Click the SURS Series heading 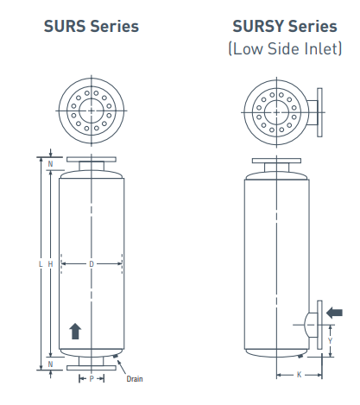(x=92, y=26)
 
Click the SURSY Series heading (x=285, y=26)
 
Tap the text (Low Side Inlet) (x=285, y=48)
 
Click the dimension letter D (x=92, y=263)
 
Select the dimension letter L (x=41, y=263)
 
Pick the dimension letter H (x=50, y=263)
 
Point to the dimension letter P (x=92, y=378)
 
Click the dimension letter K (x=299, y=375)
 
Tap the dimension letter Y (x=330, y=341)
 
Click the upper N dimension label (x=50, y=164)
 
